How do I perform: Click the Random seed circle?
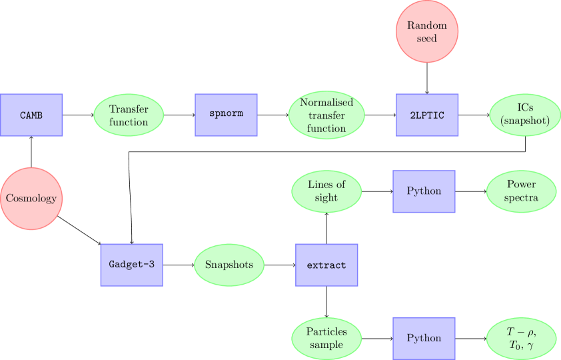tap(427, 32)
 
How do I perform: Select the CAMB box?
tap(31, 115)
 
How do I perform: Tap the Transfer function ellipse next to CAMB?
tap(129, 115)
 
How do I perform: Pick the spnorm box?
tap(226, 113)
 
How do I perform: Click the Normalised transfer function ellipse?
tap(326, 115)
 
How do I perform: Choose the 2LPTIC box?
tap(427, 115)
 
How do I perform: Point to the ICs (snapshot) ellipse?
tap(524, 115)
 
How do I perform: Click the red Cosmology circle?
tap(31, 198)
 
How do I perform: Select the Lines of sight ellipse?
tap(326, 191)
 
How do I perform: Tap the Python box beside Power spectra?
tap(424, 191)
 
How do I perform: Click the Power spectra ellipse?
tap(521, 191)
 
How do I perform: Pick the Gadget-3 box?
tap(131, 265)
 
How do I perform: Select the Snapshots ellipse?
tap(229, 265)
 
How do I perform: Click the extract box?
tap(326, 265)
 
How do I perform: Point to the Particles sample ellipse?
tap(326, 338)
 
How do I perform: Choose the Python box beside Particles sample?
tap(424, 338)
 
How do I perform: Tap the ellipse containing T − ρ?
tap(521, 338)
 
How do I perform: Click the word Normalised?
tap(326, 103)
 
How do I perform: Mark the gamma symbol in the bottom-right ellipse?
tap(531, 345)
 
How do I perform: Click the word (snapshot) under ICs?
tap(524, 121)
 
